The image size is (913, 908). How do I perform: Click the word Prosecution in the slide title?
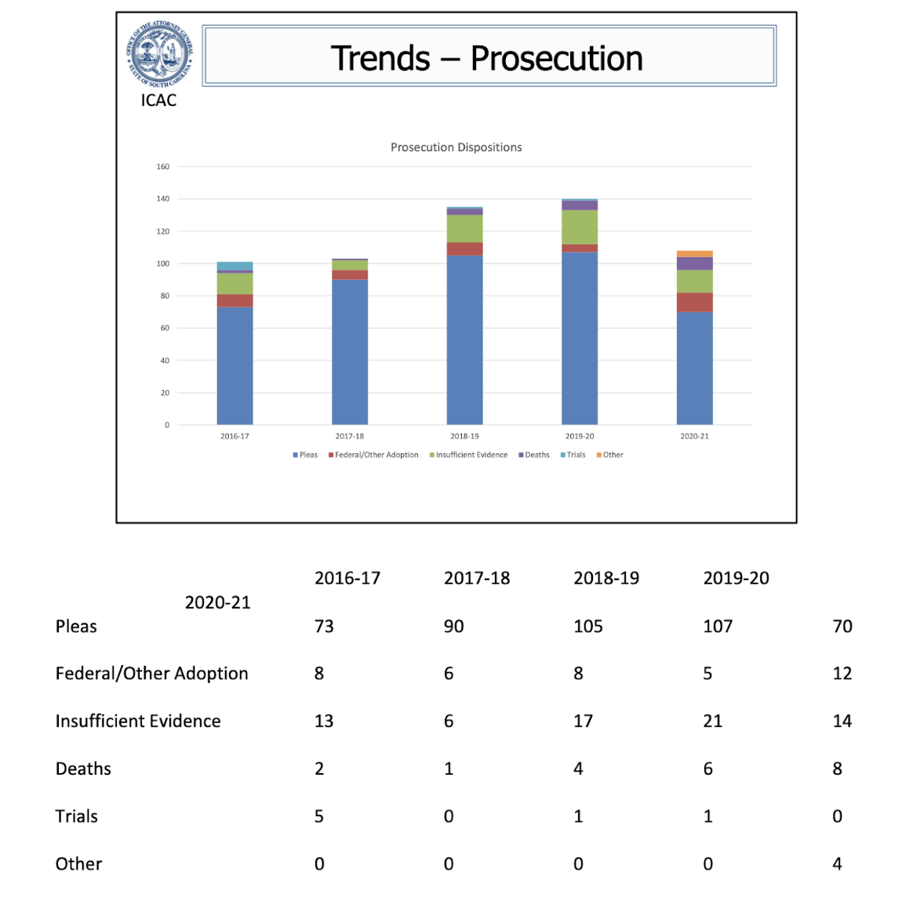click(x=556, y=59)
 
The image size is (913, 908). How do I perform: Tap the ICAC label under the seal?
click(x=158, y=100)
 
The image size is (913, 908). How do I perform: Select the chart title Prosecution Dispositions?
click(x=456, y=147)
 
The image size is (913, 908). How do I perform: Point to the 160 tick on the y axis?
click(x=163, y=166)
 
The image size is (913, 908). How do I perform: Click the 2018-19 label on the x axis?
click(x=464, y=436)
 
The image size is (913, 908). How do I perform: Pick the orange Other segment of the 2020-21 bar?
click(x=694, y=254)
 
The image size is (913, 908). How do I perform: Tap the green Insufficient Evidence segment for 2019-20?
click(x=580, y=227)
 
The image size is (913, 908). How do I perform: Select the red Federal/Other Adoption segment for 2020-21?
click(x=694, y=302)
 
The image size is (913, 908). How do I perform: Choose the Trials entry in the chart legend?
click(x=573, y=455)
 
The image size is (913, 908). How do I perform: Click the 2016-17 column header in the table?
click(x=347, y=579)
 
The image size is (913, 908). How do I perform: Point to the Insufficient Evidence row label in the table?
click(x=138, y=721)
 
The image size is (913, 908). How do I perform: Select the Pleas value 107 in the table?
click(x=718, y=627)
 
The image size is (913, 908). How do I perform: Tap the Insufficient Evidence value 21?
click(x=712, y=721)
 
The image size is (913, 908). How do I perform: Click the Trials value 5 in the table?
click(x=319, y=816)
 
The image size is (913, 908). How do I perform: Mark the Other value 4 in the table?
click(x=837, y=864)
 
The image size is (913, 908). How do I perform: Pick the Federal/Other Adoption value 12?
click(x=842, y=674)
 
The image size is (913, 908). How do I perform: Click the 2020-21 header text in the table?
click(x=217, y=602)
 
